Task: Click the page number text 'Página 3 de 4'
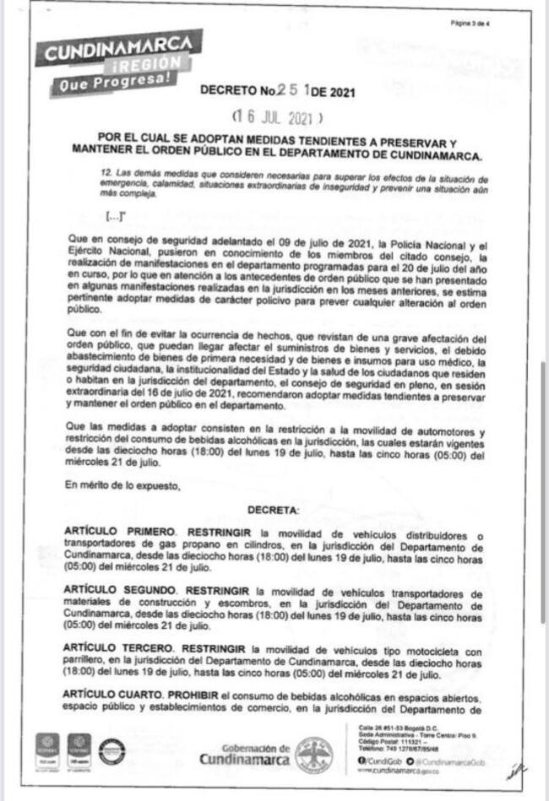click(x=471, y=24)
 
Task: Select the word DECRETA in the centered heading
click(x=273, y=511)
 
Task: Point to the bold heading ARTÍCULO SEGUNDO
click(x=121, y=593)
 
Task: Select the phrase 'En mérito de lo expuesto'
click(x=122, y=485)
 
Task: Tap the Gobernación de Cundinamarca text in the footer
click(x=245, y=753)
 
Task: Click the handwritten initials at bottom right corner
click(x=514, y=771)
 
